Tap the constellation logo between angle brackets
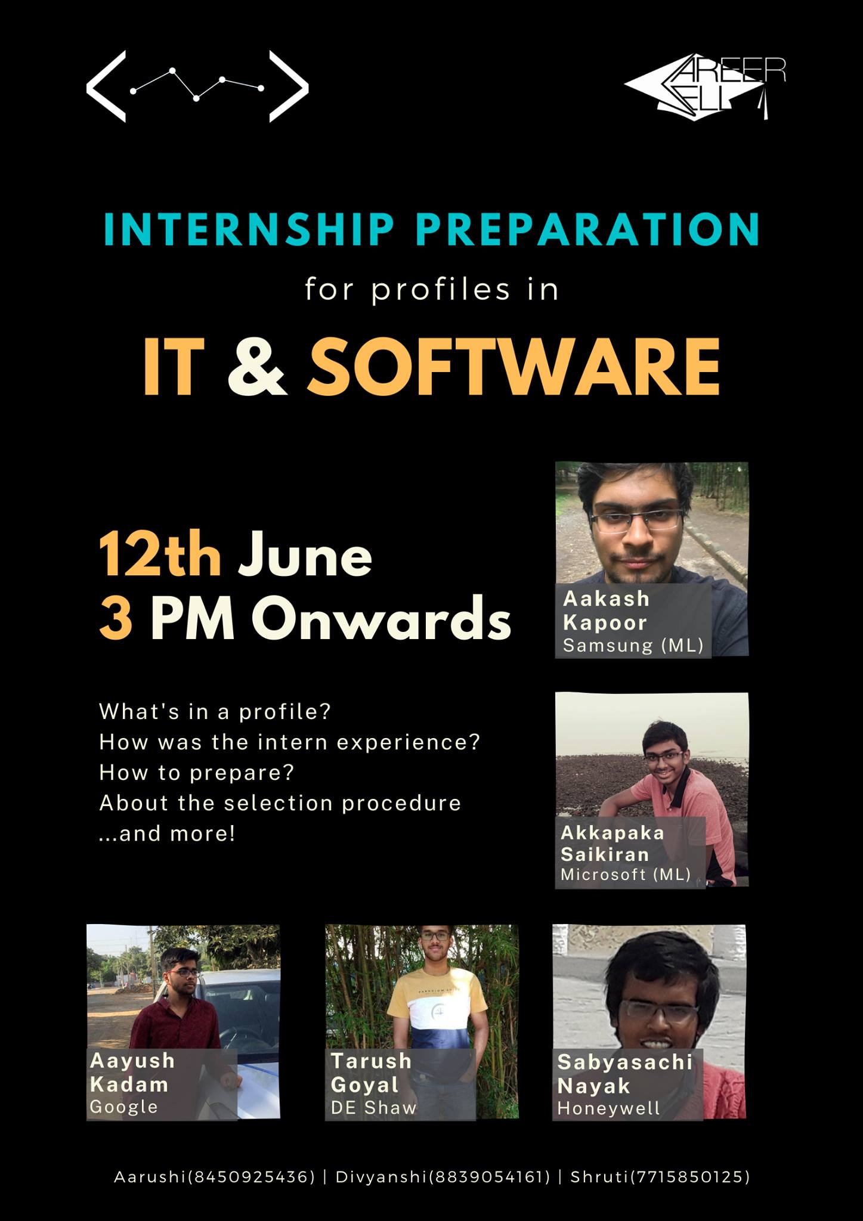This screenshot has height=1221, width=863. pyautogui.click(x=197, y=86)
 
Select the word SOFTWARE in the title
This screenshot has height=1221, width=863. pyautogui.click(x=514, y=366)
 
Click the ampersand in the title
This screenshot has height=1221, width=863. pyautogui.click(x=257, y=366)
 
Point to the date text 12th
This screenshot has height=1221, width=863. pyautogui.click(x=160, y=555)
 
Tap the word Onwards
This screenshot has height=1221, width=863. pyautogui.click(x=381, y=618)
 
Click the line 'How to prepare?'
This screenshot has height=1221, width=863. pyautogui.click(x=197, y=773)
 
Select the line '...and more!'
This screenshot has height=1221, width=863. pyautogui.click(x=167, y=833)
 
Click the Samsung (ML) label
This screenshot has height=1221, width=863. pyautogui.click(x=633, y=646)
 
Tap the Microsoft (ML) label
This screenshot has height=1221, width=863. pyautogui.click(x=626, y=875)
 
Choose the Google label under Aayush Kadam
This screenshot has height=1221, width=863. pyautogui.click(x=124, y=1107)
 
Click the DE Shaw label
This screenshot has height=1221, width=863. pyautogui.click(x=373, y=1108)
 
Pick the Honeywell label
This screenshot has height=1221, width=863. pyautogui.click(x=608, y=1108)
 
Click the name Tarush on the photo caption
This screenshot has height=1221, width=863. pyautogui.click(x=371, y=1061)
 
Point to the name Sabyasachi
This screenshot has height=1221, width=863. pyautogui.click(x=625, y=1062)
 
